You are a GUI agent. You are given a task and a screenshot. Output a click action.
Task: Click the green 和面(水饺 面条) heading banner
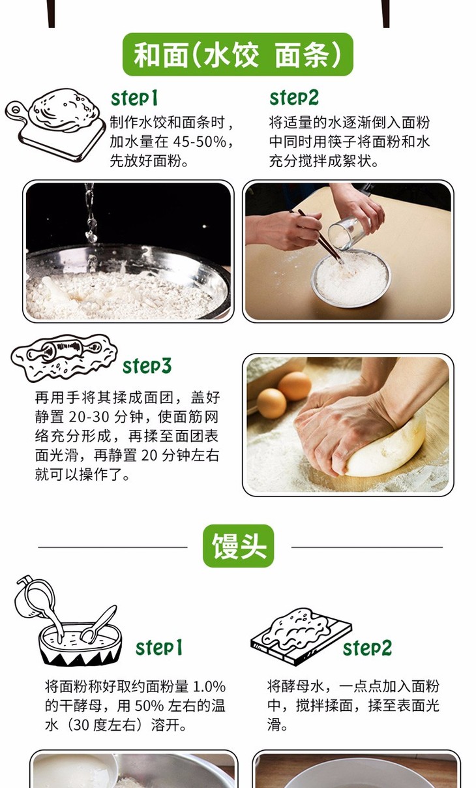tap(237, 55)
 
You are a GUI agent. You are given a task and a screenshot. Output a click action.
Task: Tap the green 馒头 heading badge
tap(239, 546)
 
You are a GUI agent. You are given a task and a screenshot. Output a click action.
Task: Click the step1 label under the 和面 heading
tap(134, 98)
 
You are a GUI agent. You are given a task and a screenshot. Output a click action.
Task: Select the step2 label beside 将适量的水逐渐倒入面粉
tap(294, 98)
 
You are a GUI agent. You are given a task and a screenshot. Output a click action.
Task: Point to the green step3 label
tap(147, 366)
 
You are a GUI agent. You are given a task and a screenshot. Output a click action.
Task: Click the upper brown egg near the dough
tap(295, 386)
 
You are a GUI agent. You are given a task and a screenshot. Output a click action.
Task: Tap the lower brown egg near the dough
tap(271, 403)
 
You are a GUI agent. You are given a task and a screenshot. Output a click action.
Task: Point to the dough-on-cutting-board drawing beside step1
tap(56, 124)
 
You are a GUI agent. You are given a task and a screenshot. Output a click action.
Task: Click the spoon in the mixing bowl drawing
tap(98, 624)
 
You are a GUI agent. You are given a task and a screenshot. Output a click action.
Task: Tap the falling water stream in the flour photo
tap(91, 225)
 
